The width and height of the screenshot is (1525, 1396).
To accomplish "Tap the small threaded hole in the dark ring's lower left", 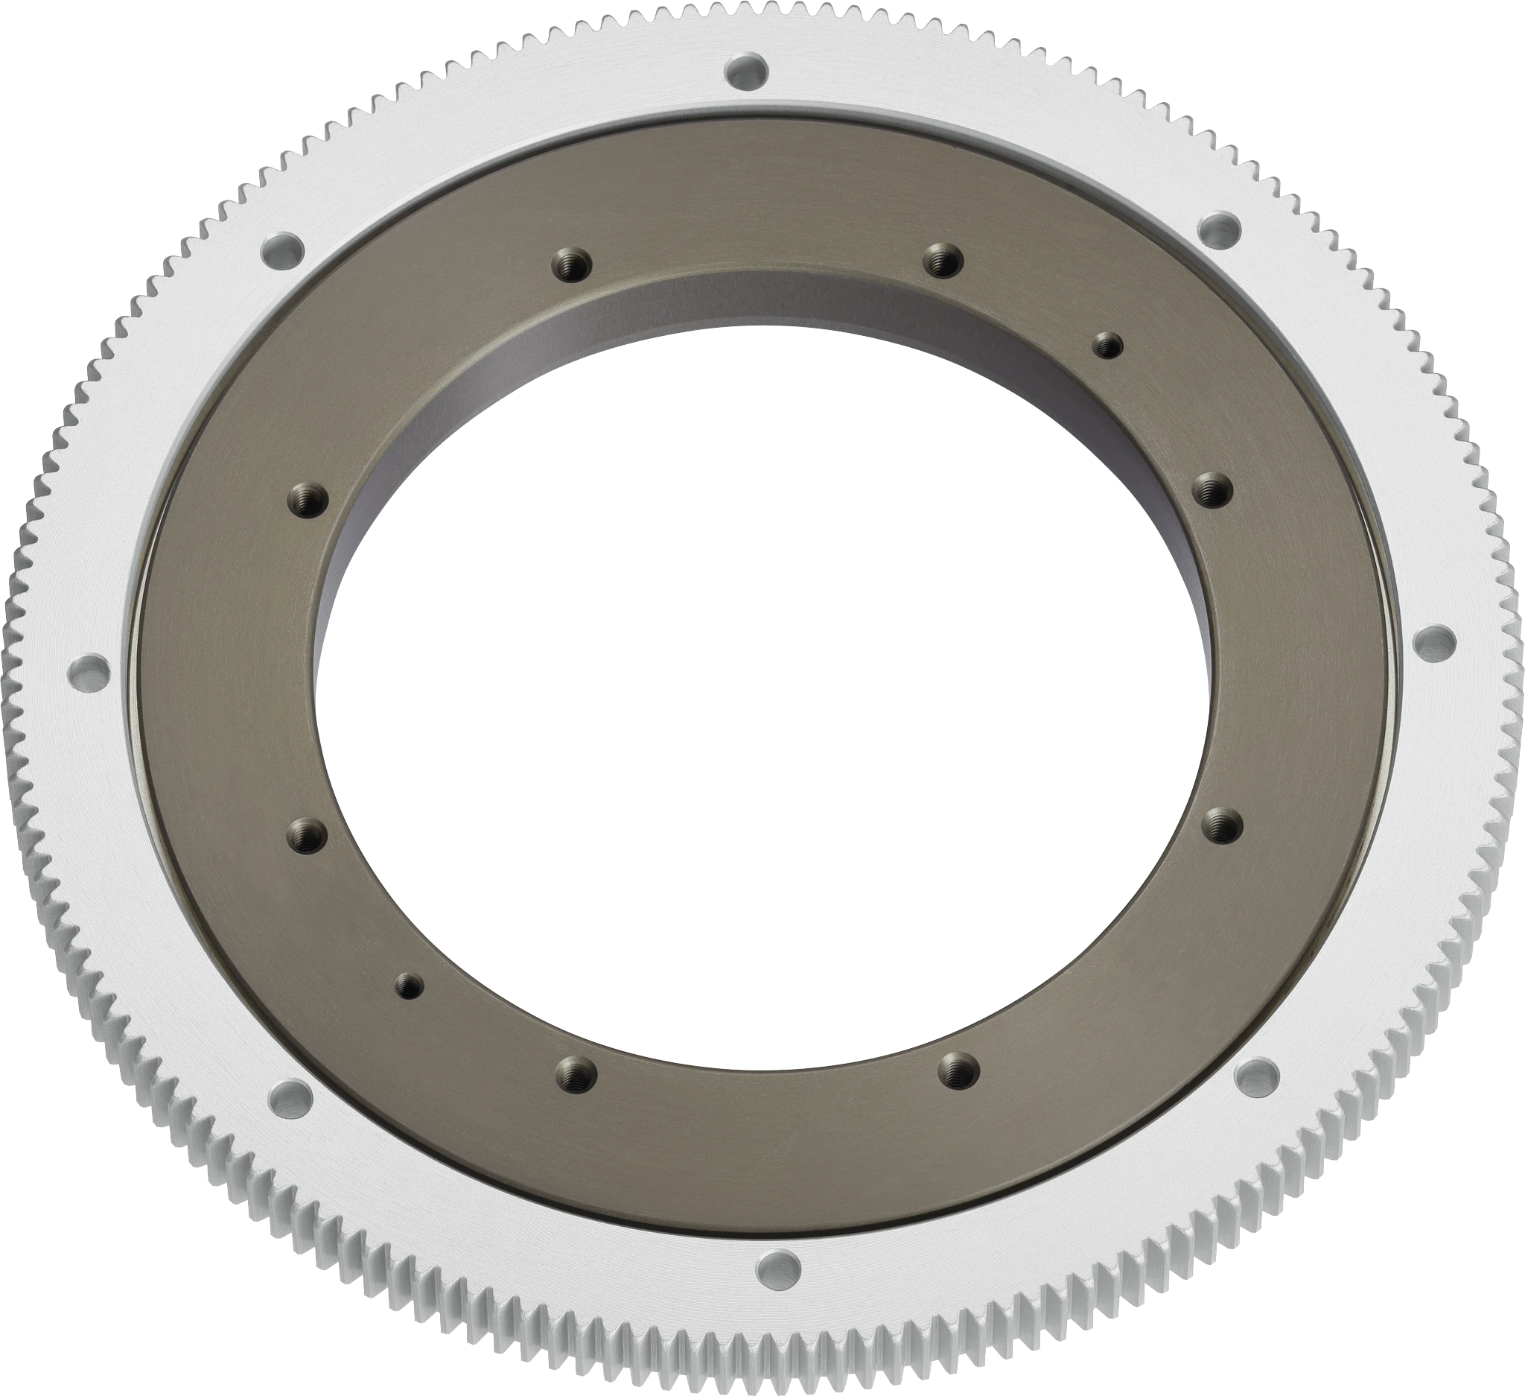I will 410,985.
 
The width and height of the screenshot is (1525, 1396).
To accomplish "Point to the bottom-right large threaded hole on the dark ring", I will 958,1070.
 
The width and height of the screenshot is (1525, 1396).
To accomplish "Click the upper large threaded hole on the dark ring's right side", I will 1212,489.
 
